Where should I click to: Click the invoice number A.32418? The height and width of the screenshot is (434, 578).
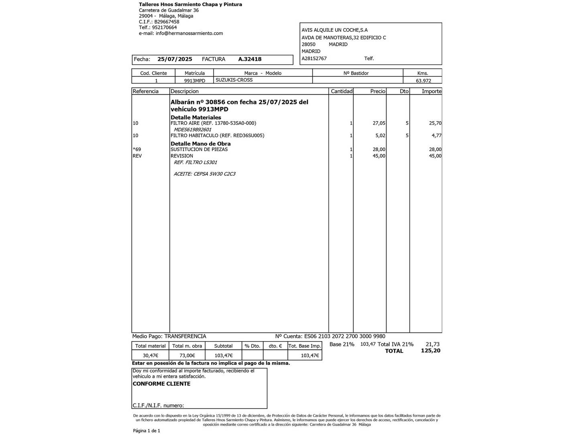click(250, 59)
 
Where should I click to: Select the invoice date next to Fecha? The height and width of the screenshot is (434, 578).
click(175, 59)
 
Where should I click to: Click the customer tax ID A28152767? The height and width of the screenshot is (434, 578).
click(314, 58)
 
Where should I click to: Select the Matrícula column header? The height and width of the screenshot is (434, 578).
click(195, 73)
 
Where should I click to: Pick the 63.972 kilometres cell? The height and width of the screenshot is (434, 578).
click(423, 80)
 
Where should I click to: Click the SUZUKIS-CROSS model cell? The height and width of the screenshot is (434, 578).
click(234, 80)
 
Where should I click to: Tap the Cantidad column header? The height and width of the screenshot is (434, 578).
click(342, 91)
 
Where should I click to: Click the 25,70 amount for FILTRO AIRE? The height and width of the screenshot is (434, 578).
click(435, 123)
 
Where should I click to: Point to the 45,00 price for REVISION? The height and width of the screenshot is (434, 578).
click(379, 156)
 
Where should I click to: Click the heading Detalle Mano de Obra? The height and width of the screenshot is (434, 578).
click(201, 143)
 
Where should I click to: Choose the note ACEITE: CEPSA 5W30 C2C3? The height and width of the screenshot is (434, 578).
click(205, 174)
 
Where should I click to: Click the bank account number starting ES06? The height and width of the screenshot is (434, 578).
click(345, 336)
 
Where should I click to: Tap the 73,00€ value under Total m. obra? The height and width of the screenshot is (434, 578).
click(187, 356)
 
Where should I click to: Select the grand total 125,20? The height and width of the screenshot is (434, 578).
click(430, 351)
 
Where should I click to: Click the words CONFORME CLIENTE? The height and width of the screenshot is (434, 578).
click(161, 384)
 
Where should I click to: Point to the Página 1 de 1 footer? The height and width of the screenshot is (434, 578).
click(147, 431)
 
